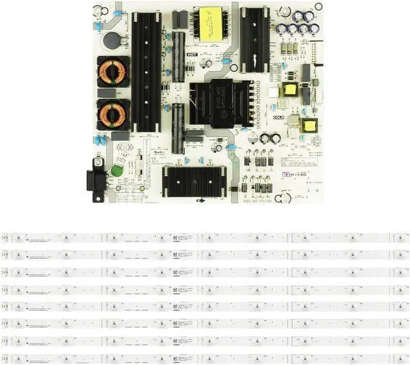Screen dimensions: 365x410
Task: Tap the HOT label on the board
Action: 191,56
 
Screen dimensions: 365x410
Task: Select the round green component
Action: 117,172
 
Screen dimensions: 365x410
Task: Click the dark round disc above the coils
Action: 112,39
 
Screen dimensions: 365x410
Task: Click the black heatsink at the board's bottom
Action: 194,180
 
